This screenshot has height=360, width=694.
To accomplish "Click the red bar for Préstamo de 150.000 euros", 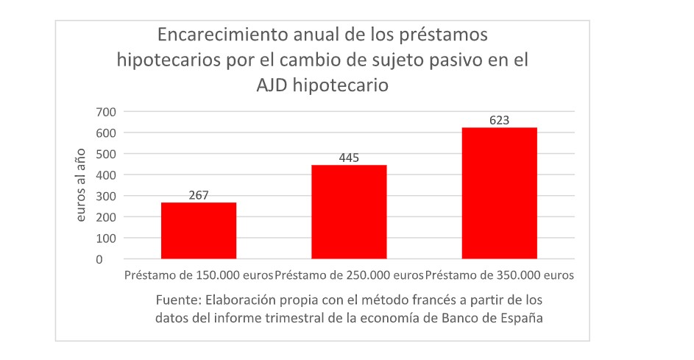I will tap(199, 230).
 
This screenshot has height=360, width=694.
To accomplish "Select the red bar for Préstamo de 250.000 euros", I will tap(349, 211).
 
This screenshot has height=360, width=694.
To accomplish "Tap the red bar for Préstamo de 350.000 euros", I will tap(499, 193).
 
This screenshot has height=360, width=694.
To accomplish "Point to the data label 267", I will tap(199, 195).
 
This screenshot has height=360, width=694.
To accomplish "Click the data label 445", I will tap(349, 158).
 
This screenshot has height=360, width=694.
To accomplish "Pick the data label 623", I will tap(499, 120).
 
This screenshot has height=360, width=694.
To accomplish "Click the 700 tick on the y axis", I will tap(106, 112).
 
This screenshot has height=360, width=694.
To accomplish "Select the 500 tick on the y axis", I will tap(106, 154).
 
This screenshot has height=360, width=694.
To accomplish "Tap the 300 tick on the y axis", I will tap(106, 196).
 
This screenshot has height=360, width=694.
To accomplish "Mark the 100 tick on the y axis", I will tap(106, 239).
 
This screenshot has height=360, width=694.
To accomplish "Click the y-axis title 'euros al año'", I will tap(82, 185).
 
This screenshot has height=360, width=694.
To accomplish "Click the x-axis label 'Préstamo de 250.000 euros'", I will tap(349, 276).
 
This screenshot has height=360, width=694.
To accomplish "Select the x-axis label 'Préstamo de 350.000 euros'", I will tap(500, 276).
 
